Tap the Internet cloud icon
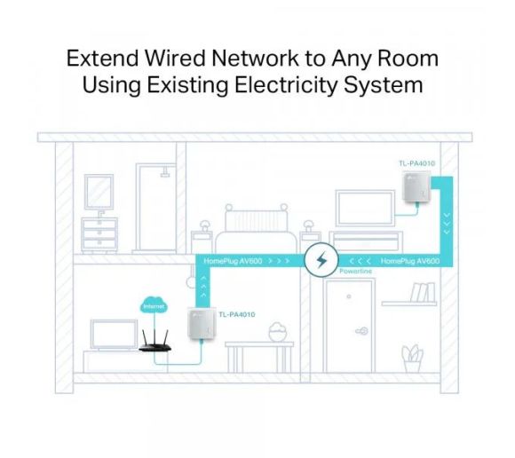pyautogui.click(x=154, y=305)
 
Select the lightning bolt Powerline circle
pyautogui.click(x=321, y=260)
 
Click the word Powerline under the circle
pyautogui.click(x=355, y=272)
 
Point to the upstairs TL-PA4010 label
pyautogui.click(x=416, y=163)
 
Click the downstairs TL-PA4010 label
pyautogui.click(x=237, y=314)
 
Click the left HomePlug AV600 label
pyautogui.click(x=233, y=261)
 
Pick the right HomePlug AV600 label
pyautogui.click(x=410, y=261)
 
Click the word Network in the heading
pyautogui.click(x=255, y=58)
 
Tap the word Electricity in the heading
pyautogui.click(x=286, y=85)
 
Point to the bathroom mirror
pyautogui.click(x=99, y=192)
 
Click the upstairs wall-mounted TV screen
pyautogui.click(x=366, y=209)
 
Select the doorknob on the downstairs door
pyautogui.click(x=362, y=331)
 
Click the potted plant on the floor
pyautogui.click(x=412, y=359)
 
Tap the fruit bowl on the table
pyautogui.click(x=278, y=332)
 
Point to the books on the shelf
pyautogui.click(x=423, y=292)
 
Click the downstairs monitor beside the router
pyautogui.click(x=114, y=335)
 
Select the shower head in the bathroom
pyautogui.click(x=165, y=172)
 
